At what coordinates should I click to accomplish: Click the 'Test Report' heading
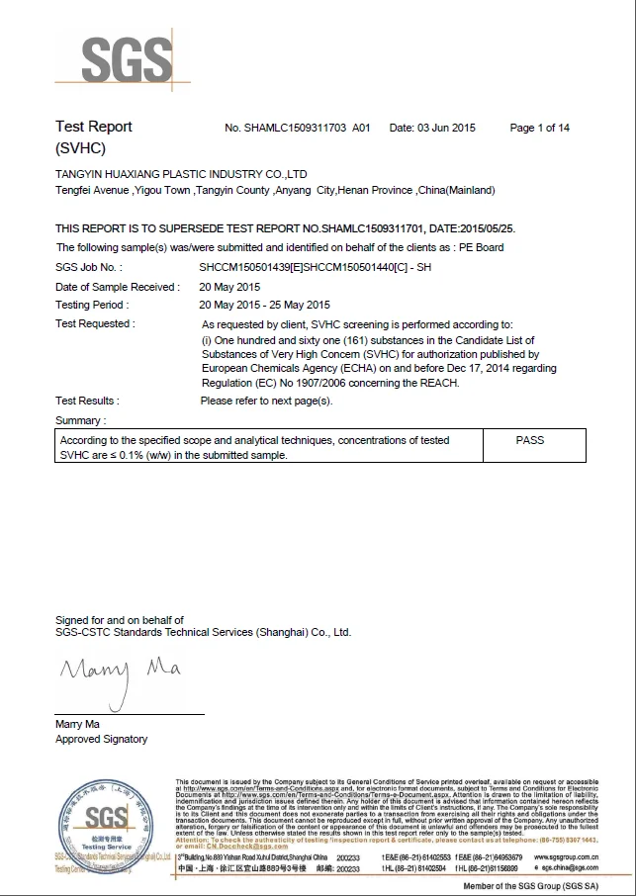(x=93, y=127)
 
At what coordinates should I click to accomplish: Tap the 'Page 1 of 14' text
(x=539, y=128)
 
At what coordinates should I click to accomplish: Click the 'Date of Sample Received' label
(x=118, y=287)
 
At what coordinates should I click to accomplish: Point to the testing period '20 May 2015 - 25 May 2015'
(x=265, y=305)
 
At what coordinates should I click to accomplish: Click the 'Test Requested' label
(x=95, y=323)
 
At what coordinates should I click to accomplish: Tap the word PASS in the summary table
(x=530, y=440)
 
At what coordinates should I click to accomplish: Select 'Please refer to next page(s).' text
(x=267, y=401)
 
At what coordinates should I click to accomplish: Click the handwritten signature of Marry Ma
(x=120, y=675)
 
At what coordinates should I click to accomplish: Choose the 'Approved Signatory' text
(x=101, y=739)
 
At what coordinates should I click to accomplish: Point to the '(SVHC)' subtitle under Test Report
(x=80, y=148)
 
